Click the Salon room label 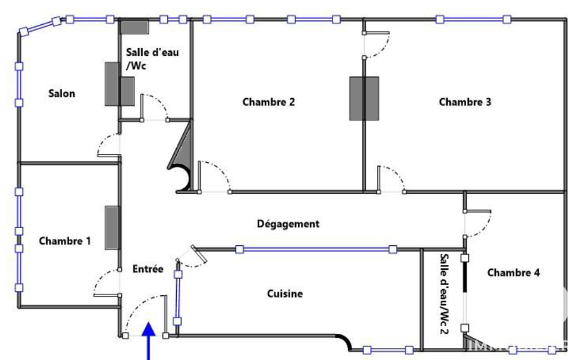pos(62,94)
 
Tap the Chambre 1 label pos(65,241)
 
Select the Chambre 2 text pos(268,102)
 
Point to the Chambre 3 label pos(465,102)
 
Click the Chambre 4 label pos(513,272)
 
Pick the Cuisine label pos(285,294)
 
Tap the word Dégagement pos(288,224)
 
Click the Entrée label pos(148,269)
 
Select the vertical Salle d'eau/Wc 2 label pos(444,294)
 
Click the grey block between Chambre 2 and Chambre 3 pos(364,99)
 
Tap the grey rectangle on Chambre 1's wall pos(112,228)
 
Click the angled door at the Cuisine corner pos(198,254)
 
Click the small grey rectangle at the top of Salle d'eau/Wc pos(135,28)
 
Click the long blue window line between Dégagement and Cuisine pos(316,249)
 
